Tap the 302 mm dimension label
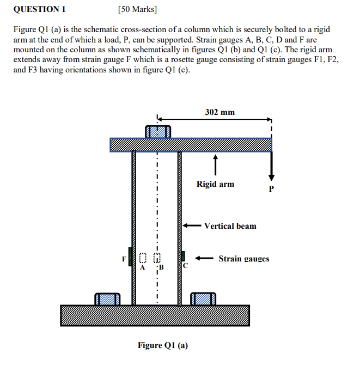click(x=220, y=112)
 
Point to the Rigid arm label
click(x=215, y=184)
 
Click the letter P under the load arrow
click(x=272, y=189)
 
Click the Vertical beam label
click(x=230, y=225)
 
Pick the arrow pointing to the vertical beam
click(x=191, y=225)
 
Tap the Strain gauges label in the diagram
click(x=243, y=259)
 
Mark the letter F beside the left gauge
click(x=124, y=258)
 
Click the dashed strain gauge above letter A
click(x=143, y=258)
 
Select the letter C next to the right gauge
click(x=185, y=266)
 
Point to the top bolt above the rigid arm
click(x=158, y=131)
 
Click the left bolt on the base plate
click(x=107, y=299)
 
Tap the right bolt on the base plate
click(x=203, y=299)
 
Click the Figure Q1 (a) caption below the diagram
click(x=162, y=345)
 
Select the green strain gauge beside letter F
click(x=131, y=257)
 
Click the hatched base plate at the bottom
click(x=155, y=315)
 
